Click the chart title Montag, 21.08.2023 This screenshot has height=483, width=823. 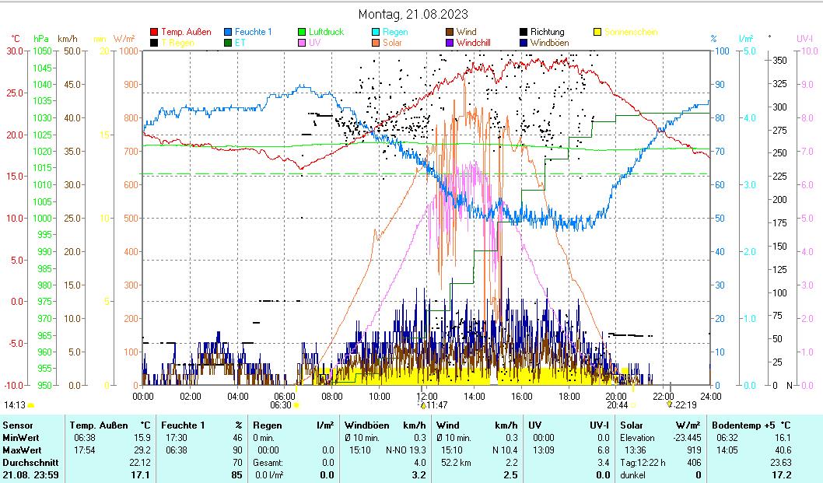click(x=413, y=14)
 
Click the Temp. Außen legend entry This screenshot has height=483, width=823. click(x=186, y=32)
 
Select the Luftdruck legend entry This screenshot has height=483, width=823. click(x=326, y=32)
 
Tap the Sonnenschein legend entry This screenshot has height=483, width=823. click(x=630, y=32)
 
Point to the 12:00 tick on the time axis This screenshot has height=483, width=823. click(x=427, y=396)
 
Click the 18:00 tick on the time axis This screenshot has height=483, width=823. click(x=569, y=396)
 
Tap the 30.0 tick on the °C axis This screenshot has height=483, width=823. click(x=15, y=51)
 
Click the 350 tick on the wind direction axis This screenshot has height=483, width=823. click(x=779, y=60)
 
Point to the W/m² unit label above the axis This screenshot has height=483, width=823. click(x=124, y=38)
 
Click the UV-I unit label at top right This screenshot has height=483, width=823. click(x=804, y=38)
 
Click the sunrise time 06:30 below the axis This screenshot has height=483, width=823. click(x=280, y=405)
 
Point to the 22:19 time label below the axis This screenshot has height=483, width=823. click(x=685, y=405)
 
